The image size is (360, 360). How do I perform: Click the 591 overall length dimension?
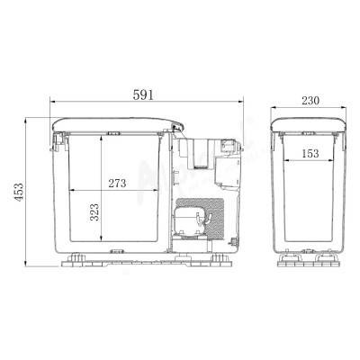click(143, 94)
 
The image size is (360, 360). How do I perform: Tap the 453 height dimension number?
click(19, 192)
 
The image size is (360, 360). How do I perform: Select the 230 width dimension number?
click(310, 101)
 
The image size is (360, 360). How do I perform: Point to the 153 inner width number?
click(310, 153)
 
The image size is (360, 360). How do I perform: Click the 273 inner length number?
click(117, 183)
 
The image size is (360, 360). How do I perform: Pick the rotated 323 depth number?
click(94, 212)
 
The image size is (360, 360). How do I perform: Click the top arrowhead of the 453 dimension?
click(26, 121)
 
